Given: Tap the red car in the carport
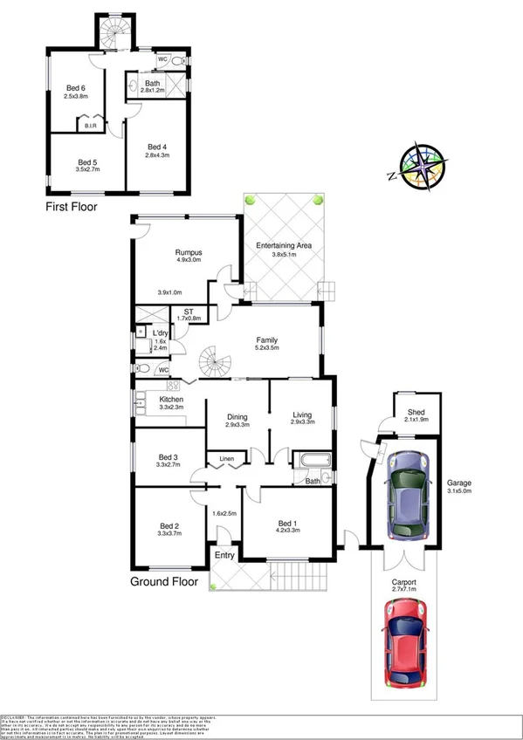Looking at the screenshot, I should [x=404, y=645].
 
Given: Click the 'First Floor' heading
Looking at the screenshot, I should [x=71, y=208].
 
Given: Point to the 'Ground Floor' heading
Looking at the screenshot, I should [x=164, y=581].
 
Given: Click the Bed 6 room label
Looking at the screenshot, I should [x=77, y=87].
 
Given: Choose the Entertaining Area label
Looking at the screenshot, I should [x=284, y=246].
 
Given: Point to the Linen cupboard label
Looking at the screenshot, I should [x=226, y=459].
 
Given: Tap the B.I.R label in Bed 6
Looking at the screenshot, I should [x=92, y=127].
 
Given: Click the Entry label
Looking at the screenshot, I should [x=225, y=556].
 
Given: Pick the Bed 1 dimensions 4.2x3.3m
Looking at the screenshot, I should [x=287, y=529].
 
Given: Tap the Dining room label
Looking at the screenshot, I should [x=237, y=415].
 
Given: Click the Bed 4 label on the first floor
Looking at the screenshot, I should [x=157, y=147].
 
